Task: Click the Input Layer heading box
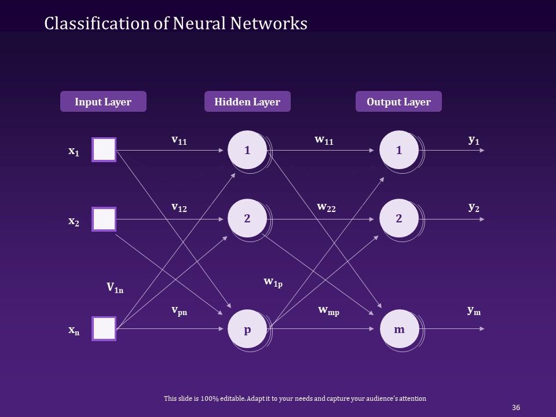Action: (x=103, y=101)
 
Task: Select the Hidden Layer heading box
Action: (x=247, y=101)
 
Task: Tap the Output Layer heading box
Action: (x=398, y=101)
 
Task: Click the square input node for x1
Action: (x=104, y=149)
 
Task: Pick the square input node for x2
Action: (x=104, y=219)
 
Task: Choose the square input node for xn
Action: (x=104, y=329)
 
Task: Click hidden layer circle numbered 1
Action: (x=247, y=150)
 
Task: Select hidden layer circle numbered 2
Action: (x=247, y=218)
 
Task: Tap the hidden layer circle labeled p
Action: (x=247, y=329)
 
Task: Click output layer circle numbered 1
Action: (x=399, y=150)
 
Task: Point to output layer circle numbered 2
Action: (x=399, y=218)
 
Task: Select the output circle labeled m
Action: (x=399, y=329)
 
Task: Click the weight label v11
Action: (x=179, y=140)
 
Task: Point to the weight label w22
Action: (x=326, y=207)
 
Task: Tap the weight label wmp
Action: (x=329, y=310)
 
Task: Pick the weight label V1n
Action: (x=115, y=288)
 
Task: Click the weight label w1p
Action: (x=273, y=283)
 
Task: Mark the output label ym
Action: (x=474, y=310)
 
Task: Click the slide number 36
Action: (x=516, y=407)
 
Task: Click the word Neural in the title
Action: (x=199, y=23)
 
